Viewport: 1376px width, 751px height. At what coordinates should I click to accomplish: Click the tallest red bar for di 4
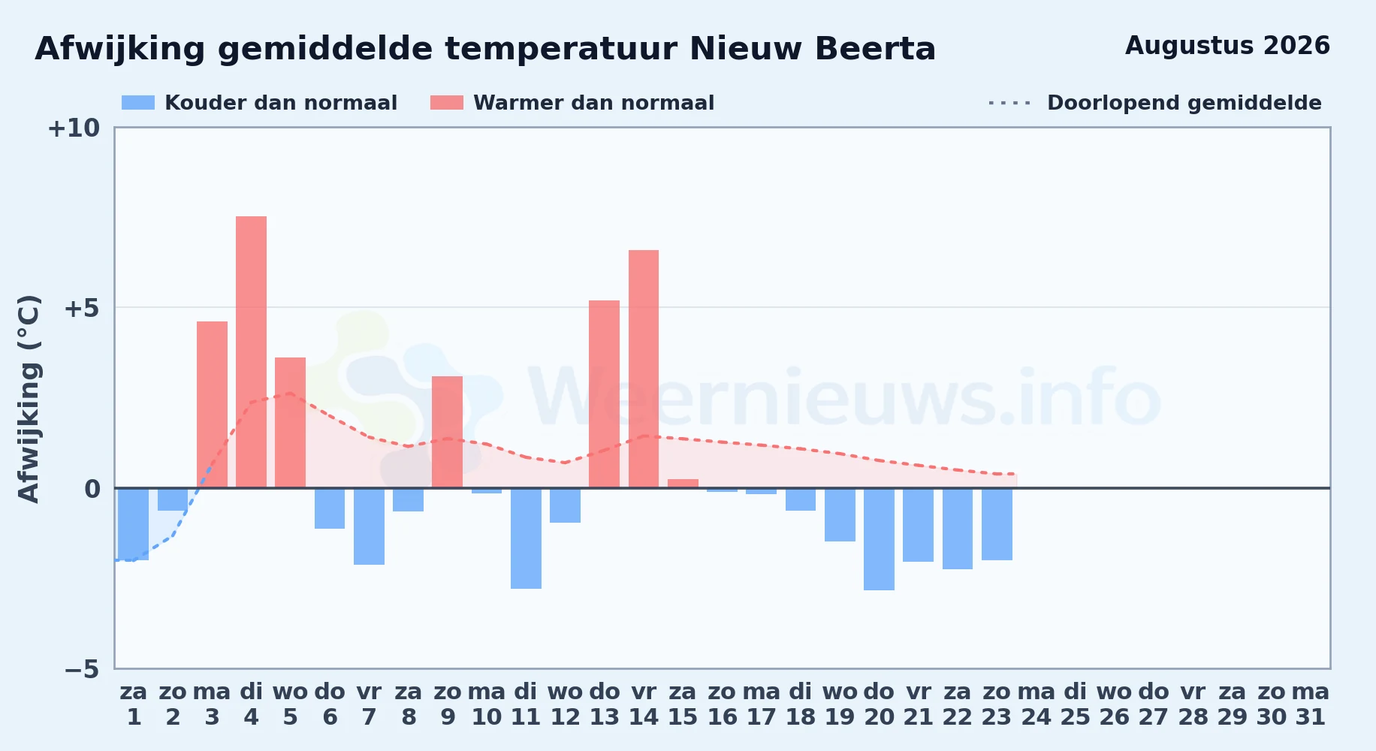click(x=251, y=352)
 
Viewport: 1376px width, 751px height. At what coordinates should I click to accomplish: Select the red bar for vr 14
click(x=644, y=369)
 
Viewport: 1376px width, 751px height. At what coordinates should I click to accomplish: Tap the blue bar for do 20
click(x=879, y=539)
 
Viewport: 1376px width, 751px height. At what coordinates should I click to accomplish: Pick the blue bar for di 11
click(x=526, y=538)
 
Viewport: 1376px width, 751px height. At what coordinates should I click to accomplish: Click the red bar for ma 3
click(x=212, y=405)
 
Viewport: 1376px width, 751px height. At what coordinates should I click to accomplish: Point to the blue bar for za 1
click(x=134, y=524)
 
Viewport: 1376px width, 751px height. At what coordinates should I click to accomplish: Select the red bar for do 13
click(x=604, y=394)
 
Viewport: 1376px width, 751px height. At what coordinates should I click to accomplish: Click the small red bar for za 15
click(x=683, y=484)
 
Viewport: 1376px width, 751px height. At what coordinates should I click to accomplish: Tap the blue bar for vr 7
click(x=369, y=526)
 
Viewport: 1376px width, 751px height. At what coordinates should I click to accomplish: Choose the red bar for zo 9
click(x=447, y=432)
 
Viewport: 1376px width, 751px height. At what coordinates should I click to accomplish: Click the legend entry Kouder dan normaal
click(x=259, y=103)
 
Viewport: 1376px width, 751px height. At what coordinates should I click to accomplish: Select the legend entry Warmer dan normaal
click(x=572, y=103)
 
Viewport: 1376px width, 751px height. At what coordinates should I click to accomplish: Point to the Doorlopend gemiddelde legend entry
click(x=1155, y=103)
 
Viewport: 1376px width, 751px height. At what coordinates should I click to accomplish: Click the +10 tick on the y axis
click(x=74, y=128)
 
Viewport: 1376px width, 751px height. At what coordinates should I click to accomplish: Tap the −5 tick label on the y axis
click(x=82, y=669)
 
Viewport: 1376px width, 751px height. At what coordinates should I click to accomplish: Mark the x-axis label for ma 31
click(x=1311, y=704)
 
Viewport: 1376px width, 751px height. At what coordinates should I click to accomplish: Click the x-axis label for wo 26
click(x=1115, y=704)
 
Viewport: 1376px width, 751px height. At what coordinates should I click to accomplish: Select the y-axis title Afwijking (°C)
click(x=29, y=398)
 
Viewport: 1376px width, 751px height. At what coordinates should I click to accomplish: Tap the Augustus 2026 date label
click(x=1227, y=46)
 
